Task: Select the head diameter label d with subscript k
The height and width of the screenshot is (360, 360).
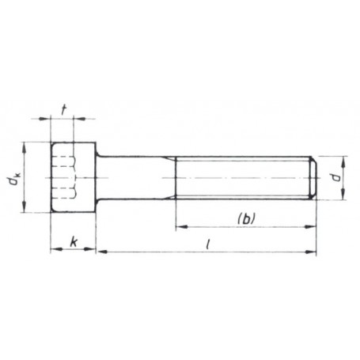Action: coord(13,183)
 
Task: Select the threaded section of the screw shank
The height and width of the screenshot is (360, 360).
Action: coord(241,178)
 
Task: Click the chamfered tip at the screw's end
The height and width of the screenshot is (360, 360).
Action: coord(314,178)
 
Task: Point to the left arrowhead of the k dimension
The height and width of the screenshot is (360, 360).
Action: coord(53,252)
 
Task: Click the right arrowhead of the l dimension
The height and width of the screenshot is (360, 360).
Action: coord(313,252)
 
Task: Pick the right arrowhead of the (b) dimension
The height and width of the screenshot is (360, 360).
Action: coord(313,225)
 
